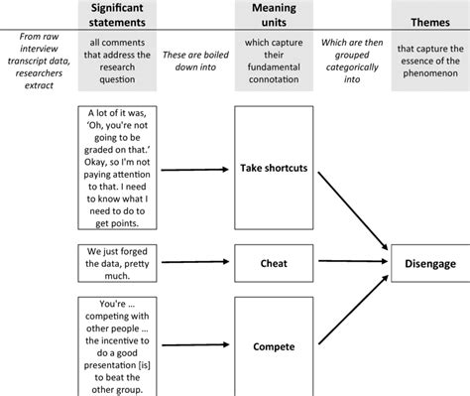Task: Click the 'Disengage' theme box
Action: [x=429, y=264]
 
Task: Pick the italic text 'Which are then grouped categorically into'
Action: [x=352, y=62]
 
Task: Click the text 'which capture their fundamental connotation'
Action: [x=273, y=62]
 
